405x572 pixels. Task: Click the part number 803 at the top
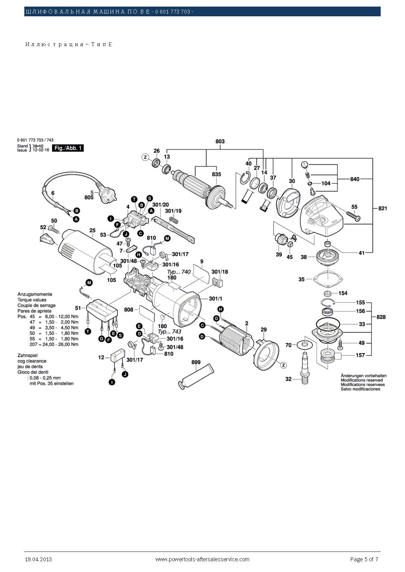coord(220,141)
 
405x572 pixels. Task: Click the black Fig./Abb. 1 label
coord(68,148)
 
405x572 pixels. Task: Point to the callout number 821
coord(382,208)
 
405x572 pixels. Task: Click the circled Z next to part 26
coord(146,157)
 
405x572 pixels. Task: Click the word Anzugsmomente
coord(35,294)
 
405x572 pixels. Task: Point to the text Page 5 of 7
coord(364,559)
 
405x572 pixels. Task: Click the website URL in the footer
coord(202,559)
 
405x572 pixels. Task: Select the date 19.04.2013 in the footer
coord(38,559)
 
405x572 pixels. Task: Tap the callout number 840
coord(355,179)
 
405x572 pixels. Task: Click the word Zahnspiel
coord(27,356)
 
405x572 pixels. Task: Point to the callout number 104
coord(325,183)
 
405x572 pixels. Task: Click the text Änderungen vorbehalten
coord(363,376)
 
